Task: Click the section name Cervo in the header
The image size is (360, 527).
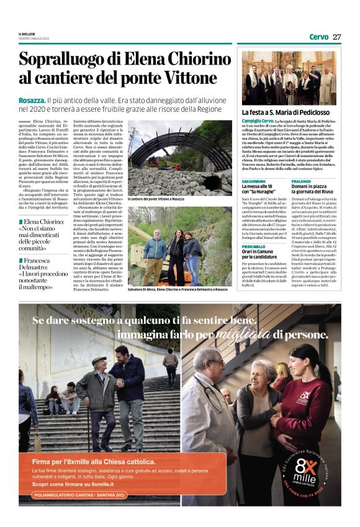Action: [318, 37]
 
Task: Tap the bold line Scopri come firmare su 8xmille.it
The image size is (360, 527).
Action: [74, 484]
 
